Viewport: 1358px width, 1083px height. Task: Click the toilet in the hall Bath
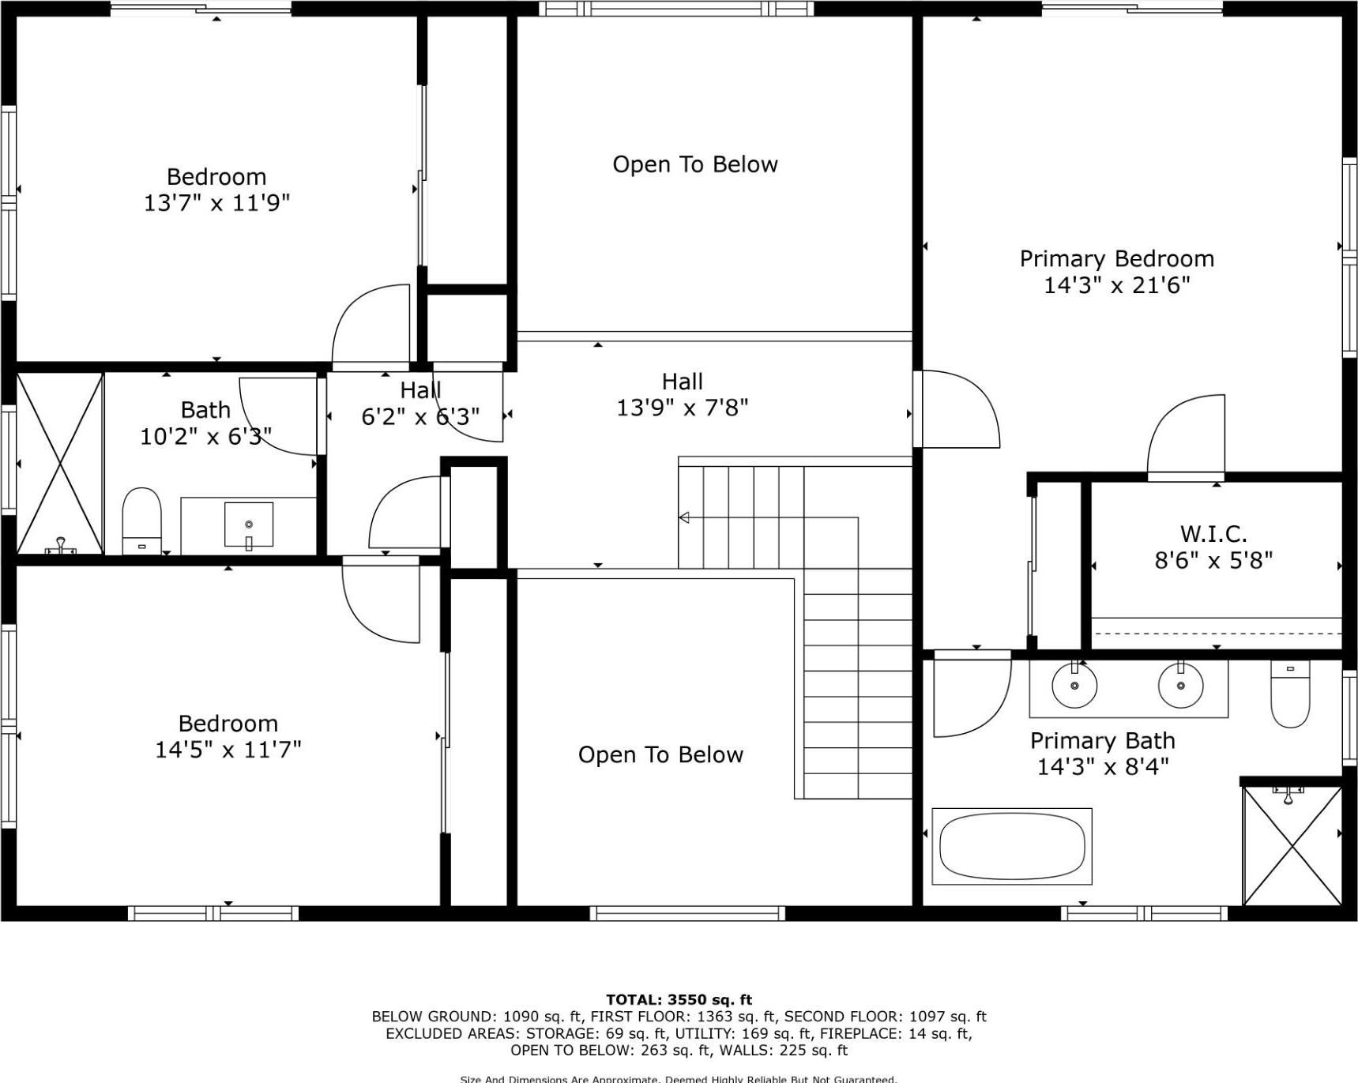click(x=142, y=520)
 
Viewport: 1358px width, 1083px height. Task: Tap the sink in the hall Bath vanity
click(x=249, y=525)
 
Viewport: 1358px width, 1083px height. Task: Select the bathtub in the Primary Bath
click(x=1012, y=846)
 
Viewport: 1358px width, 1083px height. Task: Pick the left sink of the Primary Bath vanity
click(x=1074, y=685)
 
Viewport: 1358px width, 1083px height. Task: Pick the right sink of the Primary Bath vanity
click(x=1180, y=685)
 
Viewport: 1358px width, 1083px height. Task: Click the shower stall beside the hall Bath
click(x=60, y=463)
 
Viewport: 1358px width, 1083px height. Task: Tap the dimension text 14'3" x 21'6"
click(x=1116, y=285)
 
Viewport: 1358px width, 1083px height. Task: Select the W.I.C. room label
click(x=1213, y=534)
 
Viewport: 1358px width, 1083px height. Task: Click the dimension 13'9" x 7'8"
click(x=682, y=408)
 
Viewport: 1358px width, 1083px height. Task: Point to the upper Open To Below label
click(x=695, y=164)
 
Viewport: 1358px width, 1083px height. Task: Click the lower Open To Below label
click(x=660, y=755)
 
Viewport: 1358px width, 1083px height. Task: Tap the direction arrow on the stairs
click(x=684, y=517)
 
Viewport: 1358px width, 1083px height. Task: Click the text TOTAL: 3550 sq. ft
click(x=679, y=999)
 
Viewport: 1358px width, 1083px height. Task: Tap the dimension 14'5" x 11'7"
click(x=228, y=750)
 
